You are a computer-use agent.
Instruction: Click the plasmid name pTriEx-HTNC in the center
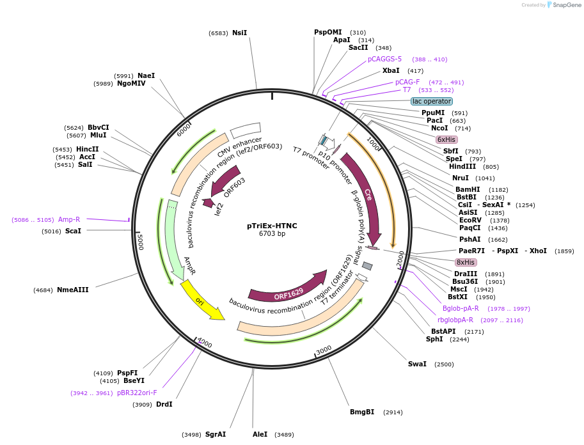click(x=272, y=226)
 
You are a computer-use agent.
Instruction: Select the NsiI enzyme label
click(x=239, y=33)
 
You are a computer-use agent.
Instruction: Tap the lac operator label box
click(x=432, y=101)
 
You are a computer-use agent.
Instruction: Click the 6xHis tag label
click(x=446, y=139)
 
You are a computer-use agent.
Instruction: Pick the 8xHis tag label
click(x=466, y=262)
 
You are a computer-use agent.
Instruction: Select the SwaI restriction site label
click(x=417, y=364)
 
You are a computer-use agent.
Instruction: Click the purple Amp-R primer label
click(x=69, y=219)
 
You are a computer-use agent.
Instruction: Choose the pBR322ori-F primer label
click(x=137, y=393)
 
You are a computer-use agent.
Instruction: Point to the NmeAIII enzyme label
click(x=73, y=290)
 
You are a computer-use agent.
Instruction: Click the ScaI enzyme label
click(x=73, y=231)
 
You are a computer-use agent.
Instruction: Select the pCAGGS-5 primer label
click(x=384, y=59)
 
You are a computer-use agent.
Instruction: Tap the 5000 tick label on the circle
click(x=140, y=242)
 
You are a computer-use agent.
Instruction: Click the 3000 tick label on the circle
click(x=324, y=350)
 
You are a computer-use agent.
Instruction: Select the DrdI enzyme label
click(x=164, y=404)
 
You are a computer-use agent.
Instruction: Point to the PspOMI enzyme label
click(x=328, y=32)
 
